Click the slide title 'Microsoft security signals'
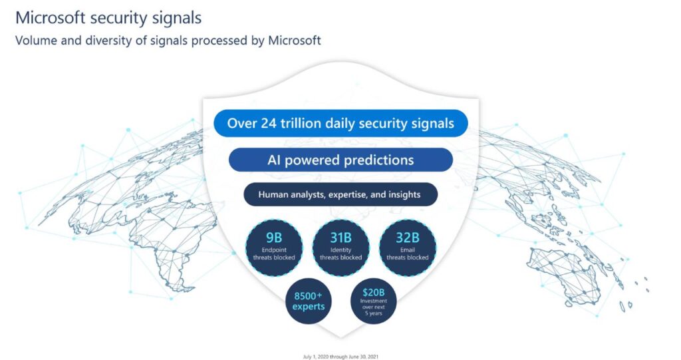click(108, 18)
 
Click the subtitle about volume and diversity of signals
click(168, 41)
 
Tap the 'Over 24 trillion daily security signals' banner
click(340, 123)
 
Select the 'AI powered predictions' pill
click(340, 160)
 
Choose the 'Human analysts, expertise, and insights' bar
click(340, 194)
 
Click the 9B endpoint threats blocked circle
click(274, 248)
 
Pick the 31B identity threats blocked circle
click(341, 248)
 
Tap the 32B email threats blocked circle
click(408, 248)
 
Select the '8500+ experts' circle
click(309, 301)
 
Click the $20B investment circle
click(374, 301)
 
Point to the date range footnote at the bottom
click(340, 357)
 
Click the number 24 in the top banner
click(269, 124)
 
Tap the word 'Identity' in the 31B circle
click(341, 250)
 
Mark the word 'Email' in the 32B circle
click(408, 250)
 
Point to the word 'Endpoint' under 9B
click(274, 250)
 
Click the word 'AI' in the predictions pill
click(274, 160)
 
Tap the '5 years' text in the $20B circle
click(374, 313)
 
